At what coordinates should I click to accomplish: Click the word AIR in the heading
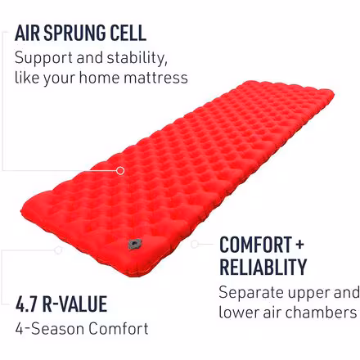pyautogui.click(x=29, y=34)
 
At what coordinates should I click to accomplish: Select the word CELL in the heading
pyautogui.click(x=127, y=34)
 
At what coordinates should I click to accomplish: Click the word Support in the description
pyautogui.click(x=44, y=59)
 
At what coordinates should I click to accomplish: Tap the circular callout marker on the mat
pyautogui.click(x=121, y=170)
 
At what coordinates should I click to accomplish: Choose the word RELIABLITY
pyautogui.click(x=263, y=267)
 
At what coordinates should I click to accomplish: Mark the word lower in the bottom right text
pyautogui.click(x=238, y=312)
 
